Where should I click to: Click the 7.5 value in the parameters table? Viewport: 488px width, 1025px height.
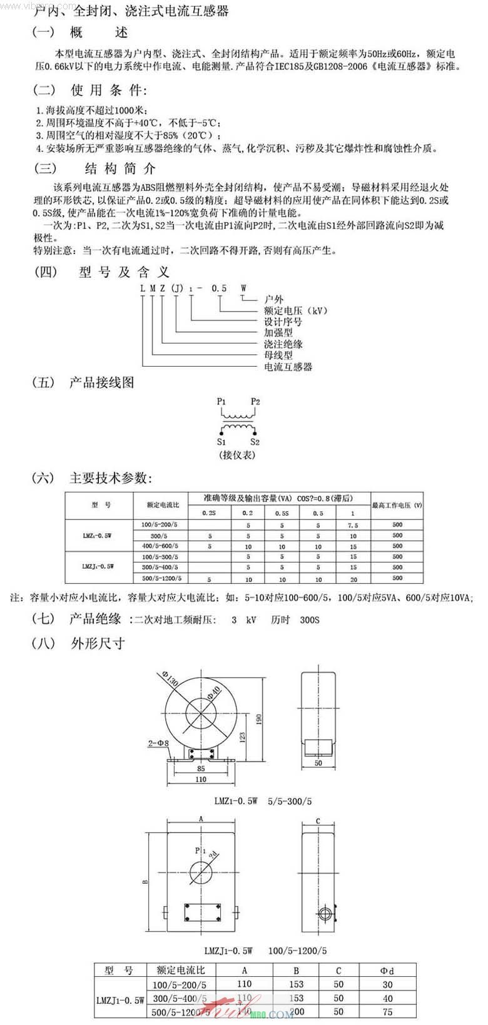pos(353,525)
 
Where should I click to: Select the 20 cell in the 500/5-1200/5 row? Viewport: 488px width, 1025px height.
pos(353,579)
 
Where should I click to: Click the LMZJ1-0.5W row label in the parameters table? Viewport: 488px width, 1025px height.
pos(98,567)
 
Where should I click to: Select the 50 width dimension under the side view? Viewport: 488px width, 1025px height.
pos(318,763)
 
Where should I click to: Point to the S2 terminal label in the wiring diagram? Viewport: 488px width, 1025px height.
pos(255,442)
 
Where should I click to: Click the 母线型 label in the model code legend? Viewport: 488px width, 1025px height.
pos(278,355)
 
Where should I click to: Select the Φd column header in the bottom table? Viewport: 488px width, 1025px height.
pos(387,971)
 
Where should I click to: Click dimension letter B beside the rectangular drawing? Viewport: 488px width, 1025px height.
pos(145,882)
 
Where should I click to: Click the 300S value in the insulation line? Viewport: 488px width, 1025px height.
pos(310,620)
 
